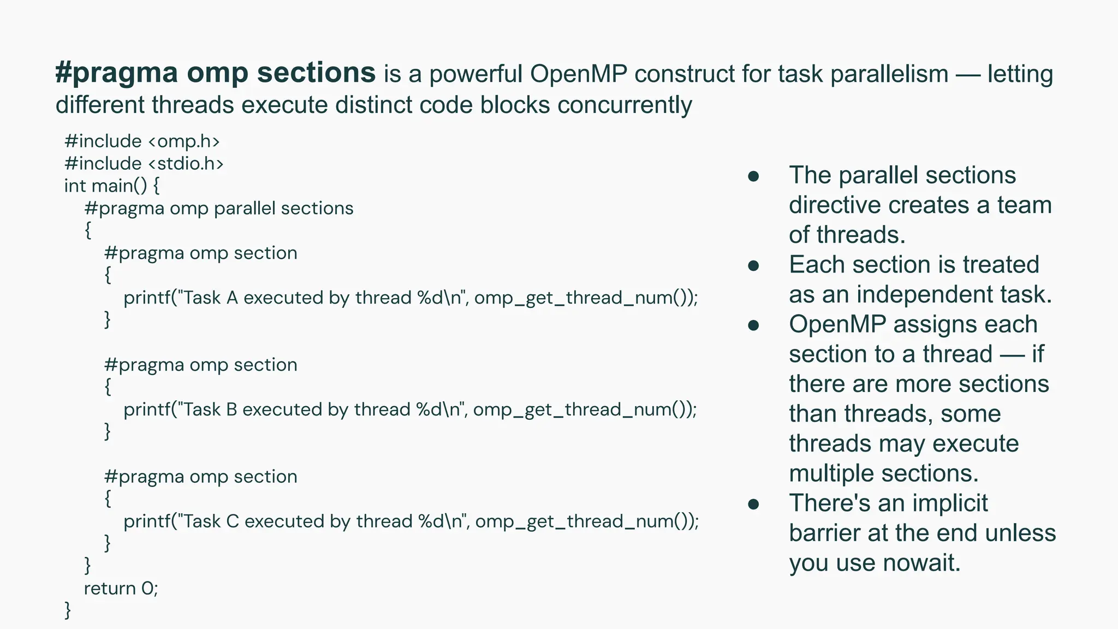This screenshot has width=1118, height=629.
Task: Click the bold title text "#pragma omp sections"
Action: pos(215,73)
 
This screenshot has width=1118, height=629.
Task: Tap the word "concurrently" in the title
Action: pos(625,104)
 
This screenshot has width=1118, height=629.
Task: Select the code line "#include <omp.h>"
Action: pos(142,141)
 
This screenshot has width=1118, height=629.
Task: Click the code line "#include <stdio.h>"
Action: pos(144,164)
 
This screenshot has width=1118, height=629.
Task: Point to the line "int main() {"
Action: pos(112,186)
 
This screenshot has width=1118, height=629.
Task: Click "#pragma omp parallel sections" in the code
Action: pos(219,209)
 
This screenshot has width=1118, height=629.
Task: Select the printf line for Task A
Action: pos(411,298)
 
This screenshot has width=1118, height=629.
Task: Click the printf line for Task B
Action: pos(410,410)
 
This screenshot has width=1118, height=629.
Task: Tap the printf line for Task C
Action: pos(411,521)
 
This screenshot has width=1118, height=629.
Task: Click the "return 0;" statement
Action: pos(121,589)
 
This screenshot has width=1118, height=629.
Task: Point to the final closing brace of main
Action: pos(68,610)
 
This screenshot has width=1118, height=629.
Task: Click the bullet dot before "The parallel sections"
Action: pos(753,176)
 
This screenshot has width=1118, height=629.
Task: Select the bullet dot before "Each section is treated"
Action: pos(753,265)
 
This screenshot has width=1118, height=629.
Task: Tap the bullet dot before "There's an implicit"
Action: pos(753,504)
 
